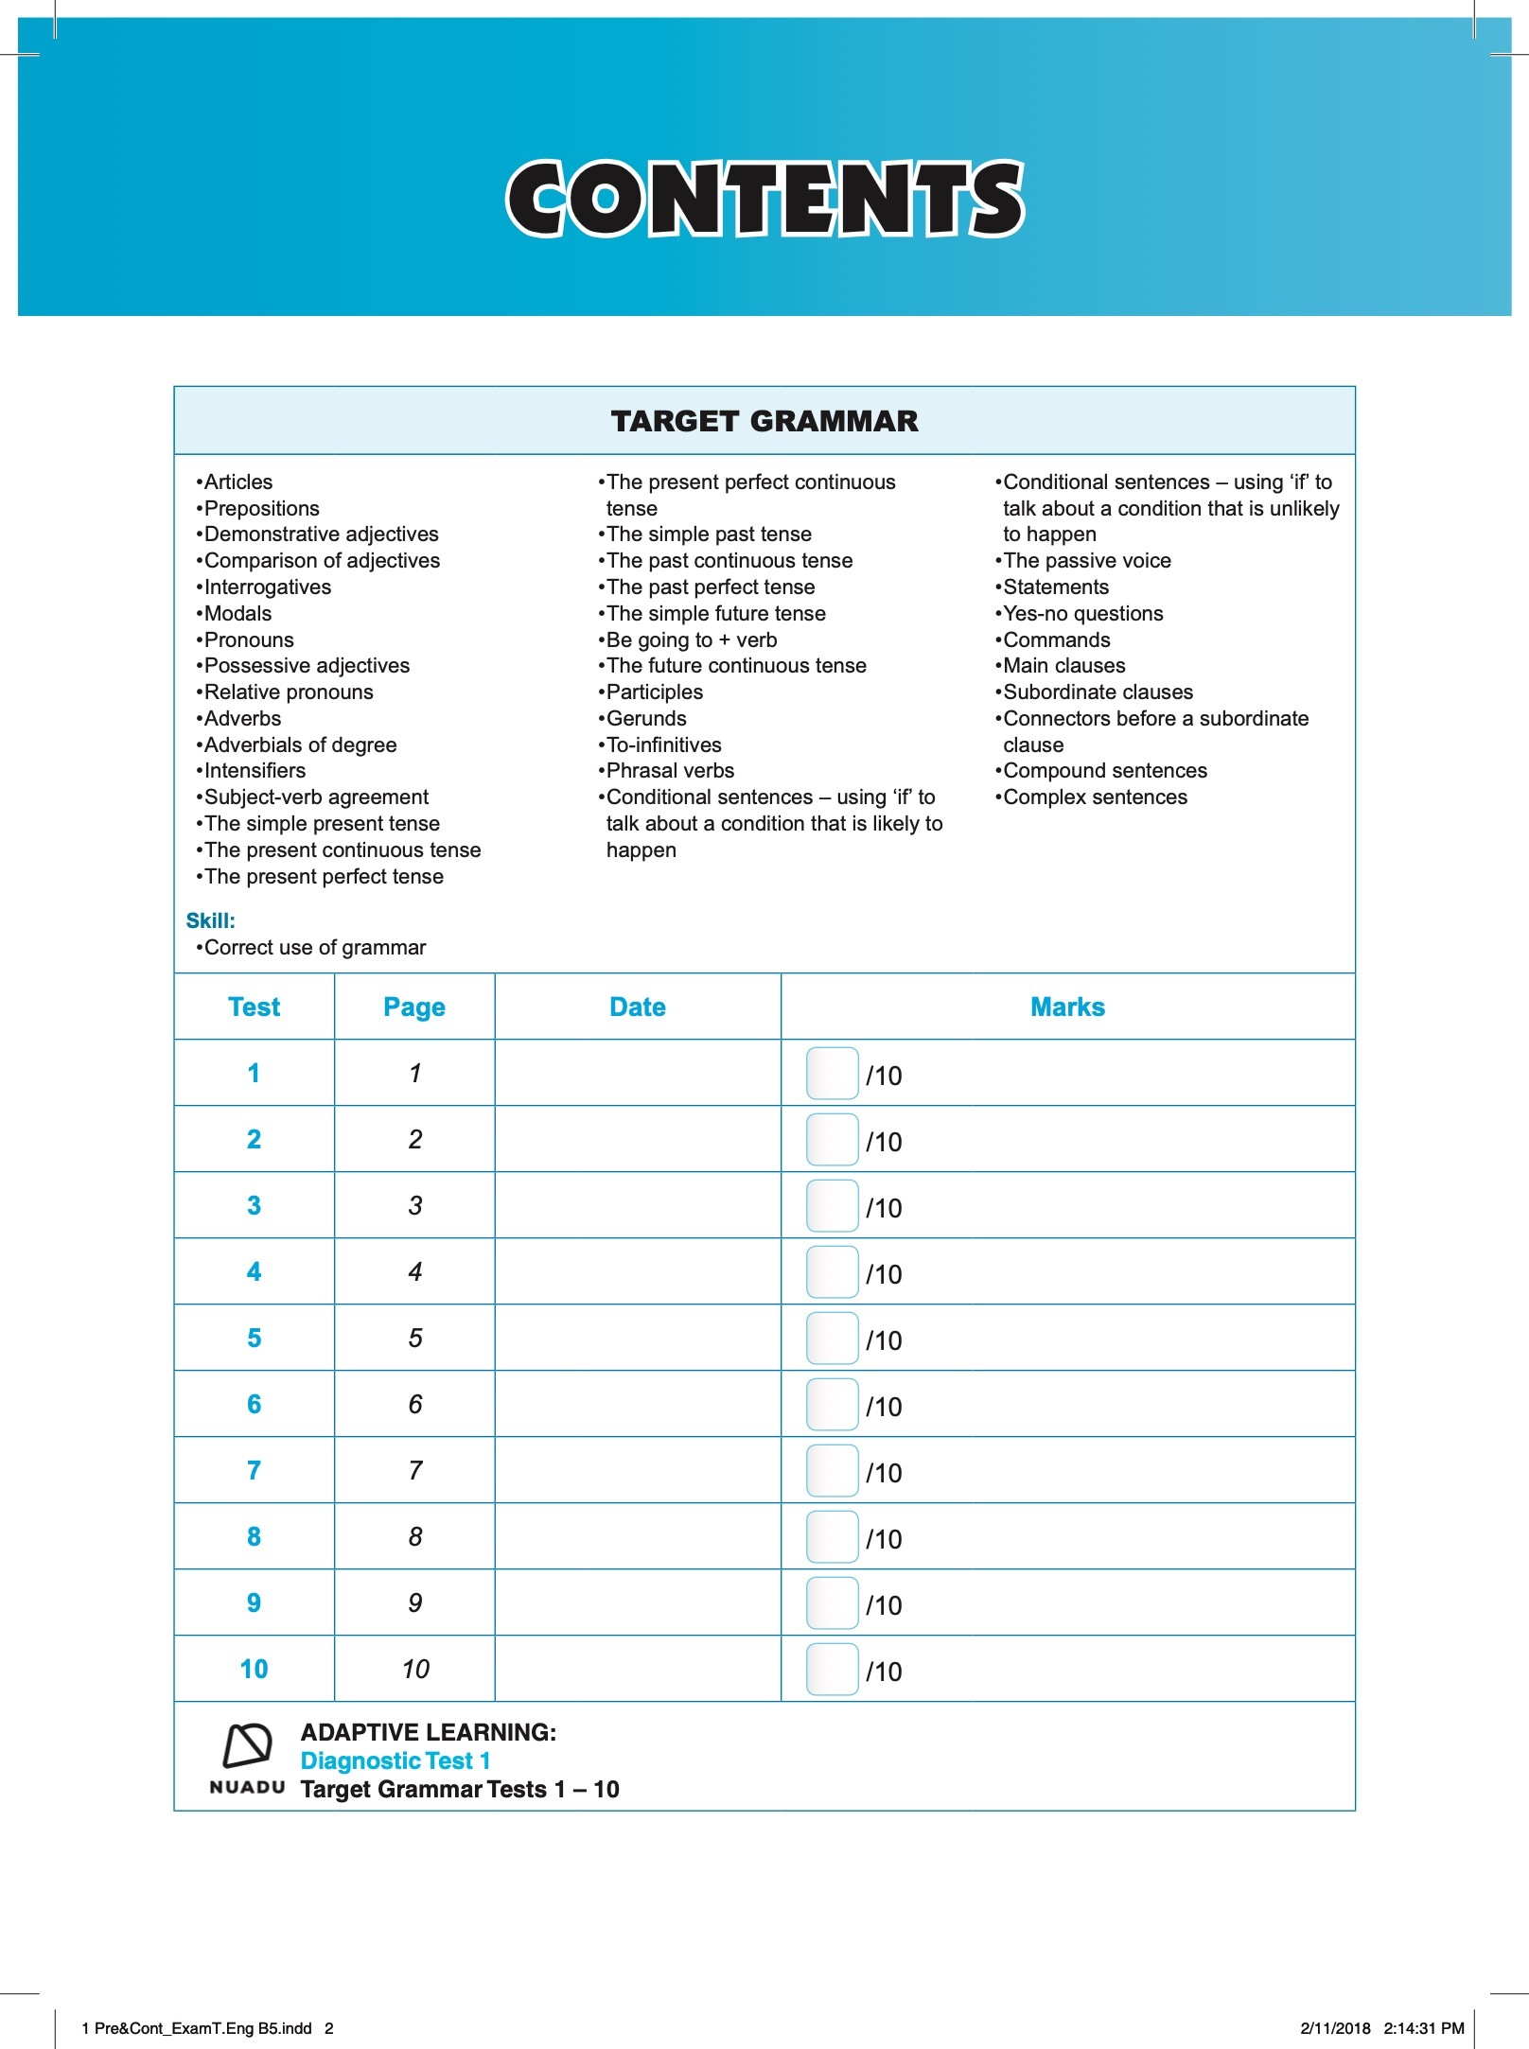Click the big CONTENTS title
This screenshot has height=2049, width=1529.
pyautogui.click(x=764, y=199)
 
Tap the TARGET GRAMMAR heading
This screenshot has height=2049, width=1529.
pyautogui.click(x=764, y=421)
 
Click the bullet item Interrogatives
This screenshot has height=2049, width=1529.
pyautogui.click(x=267, y=587)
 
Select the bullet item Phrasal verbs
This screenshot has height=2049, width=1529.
pyautogui.click(x=669, y=771)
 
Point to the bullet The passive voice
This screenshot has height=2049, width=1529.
pyautogui.click(x=1086, y=561)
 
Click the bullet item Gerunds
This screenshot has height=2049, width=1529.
pyautogui.click(x=645, y=719)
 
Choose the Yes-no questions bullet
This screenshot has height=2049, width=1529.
pyautogui.click(x=1082, y=614)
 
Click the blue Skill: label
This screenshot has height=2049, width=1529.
pyautogui.click(x=210, y=920)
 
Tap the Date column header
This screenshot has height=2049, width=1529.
pyautogui.click(x=637, y=1007)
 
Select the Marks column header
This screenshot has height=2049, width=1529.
pyautogui.click(x=1067, y=1007)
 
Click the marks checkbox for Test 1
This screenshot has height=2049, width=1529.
pyautogui.click(x=832, y=1074)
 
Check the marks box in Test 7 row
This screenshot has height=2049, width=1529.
pyautogui.click(x=832, y=1471)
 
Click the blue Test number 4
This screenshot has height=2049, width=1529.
pyautogui.click(x=254, y=1271)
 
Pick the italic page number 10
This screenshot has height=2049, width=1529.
pyautogui.click(x=415, y=1669)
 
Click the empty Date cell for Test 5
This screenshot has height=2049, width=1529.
pyautogui.click(x=637, y=1338)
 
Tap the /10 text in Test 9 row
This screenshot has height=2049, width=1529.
pyautogui.click(x=884, y=1605)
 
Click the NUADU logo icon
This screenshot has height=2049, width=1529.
pyautogui.click(x=247, y=1746)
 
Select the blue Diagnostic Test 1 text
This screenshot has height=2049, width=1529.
pyautogui.click(x=395, y=1760)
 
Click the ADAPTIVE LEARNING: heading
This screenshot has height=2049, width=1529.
pyautogui.click(x=428, y=1732)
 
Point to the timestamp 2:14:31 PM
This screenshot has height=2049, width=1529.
pyautogui.click(x=1423, y=2028)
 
